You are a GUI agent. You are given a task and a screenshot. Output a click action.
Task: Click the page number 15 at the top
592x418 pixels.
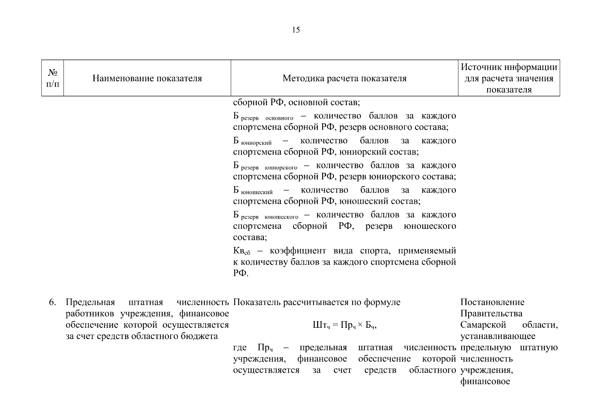(295, 30)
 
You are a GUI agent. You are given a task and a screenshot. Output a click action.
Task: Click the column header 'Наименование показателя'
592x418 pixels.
(147, 78)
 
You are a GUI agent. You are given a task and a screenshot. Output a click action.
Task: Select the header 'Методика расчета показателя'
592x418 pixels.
(344, 78)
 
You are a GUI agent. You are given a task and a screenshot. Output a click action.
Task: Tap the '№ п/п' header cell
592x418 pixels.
(53, 78)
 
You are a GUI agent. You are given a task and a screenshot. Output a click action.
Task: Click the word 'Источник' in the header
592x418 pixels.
(482, 67)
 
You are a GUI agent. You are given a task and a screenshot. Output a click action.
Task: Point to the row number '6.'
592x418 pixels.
(52, 302)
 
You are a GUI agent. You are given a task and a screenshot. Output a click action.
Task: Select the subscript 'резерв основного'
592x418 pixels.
(267, 118)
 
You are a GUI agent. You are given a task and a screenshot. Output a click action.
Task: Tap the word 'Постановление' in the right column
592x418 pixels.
(492, 302)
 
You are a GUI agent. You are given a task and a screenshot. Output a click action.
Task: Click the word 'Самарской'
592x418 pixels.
(483, 325)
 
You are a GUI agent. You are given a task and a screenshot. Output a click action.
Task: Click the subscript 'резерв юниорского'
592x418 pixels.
(269, 168)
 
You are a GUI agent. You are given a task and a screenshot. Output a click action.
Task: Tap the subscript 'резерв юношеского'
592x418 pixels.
(270, 217)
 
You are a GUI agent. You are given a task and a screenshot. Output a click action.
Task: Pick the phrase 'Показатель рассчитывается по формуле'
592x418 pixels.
(316, 302)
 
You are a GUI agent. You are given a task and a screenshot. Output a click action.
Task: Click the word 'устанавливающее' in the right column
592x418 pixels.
(497, 336)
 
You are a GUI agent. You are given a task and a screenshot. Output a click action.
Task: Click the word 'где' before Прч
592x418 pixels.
(240, 348)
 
